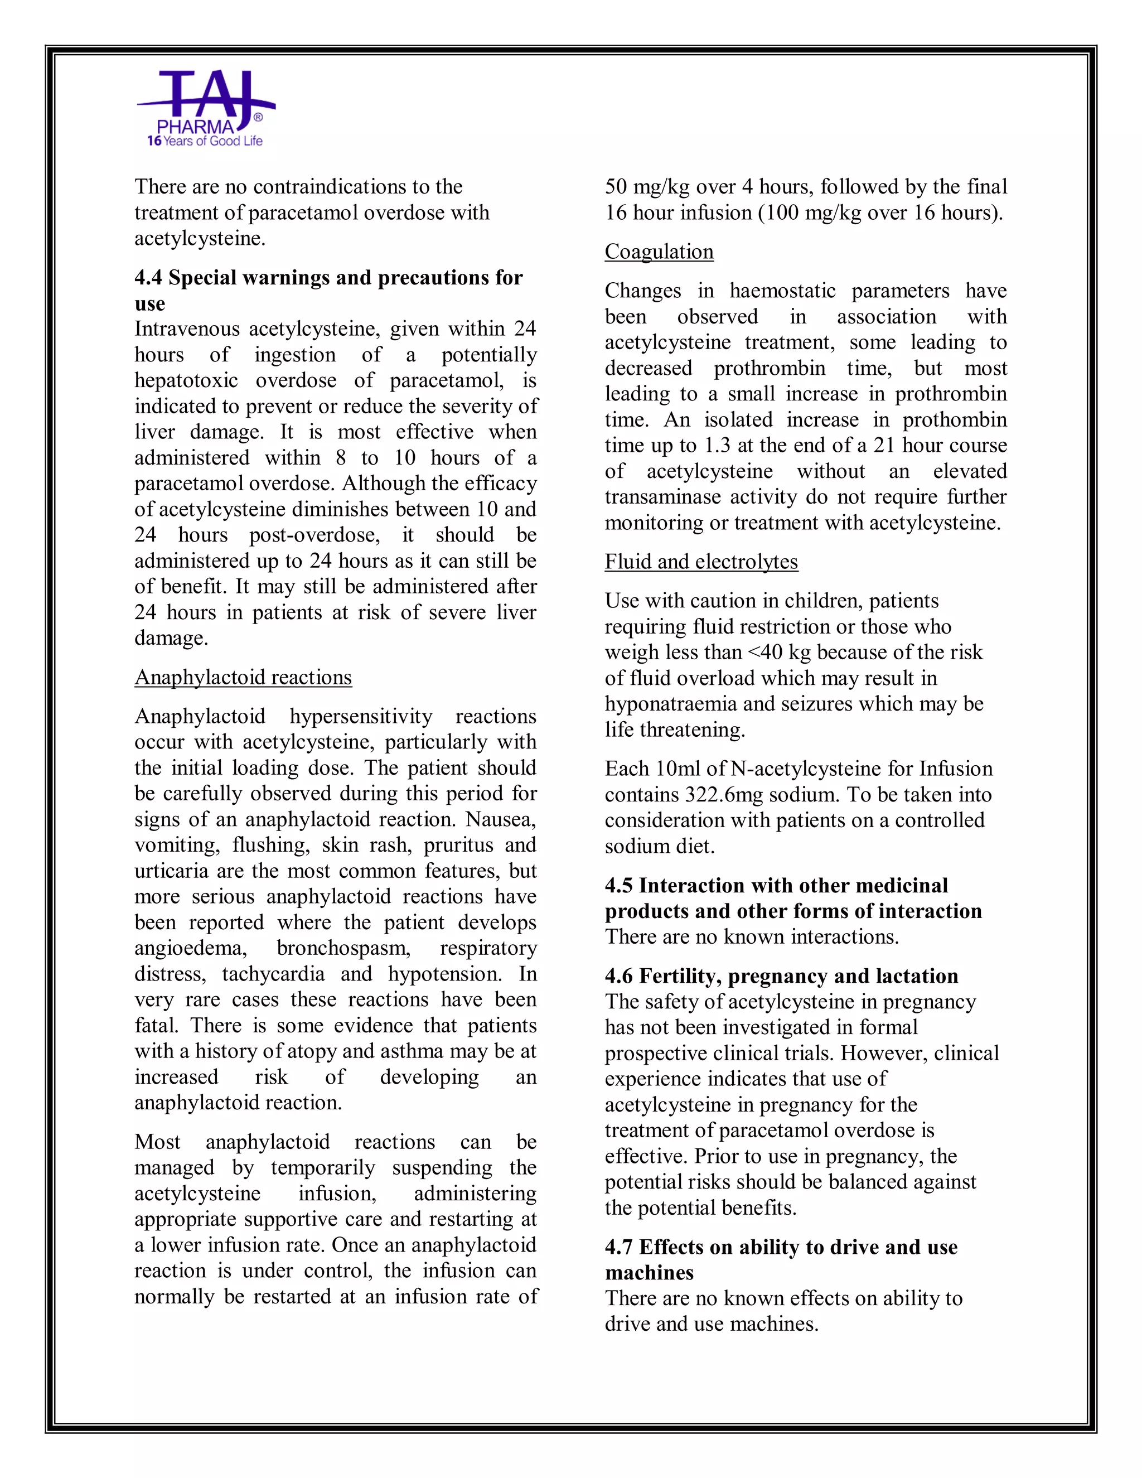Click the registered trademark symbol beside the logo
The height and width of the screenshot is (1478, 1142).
258,118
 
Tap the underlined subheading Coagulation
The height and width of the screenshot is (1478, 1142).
659,252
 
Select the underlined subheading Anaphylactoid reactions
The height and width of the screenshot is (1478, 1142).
243,678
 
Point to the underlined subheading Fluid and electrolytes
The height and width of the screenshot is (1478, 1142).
701,562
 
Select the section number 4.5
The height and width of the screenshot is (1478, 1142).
618,886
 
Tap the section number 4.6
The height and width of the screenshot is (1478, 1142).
618,976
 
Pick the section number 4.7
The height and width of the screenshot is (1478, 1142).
618,1247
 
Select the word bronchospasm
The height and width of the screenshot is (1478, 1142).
343,949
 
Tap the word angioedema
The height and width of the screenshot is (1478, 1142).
191,949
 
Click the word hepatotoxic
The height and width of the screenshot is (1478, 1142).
186,381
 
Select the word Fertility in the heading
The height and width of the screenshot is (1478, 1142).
679,976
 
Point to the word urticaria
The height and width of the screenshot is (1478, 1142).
171,872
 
